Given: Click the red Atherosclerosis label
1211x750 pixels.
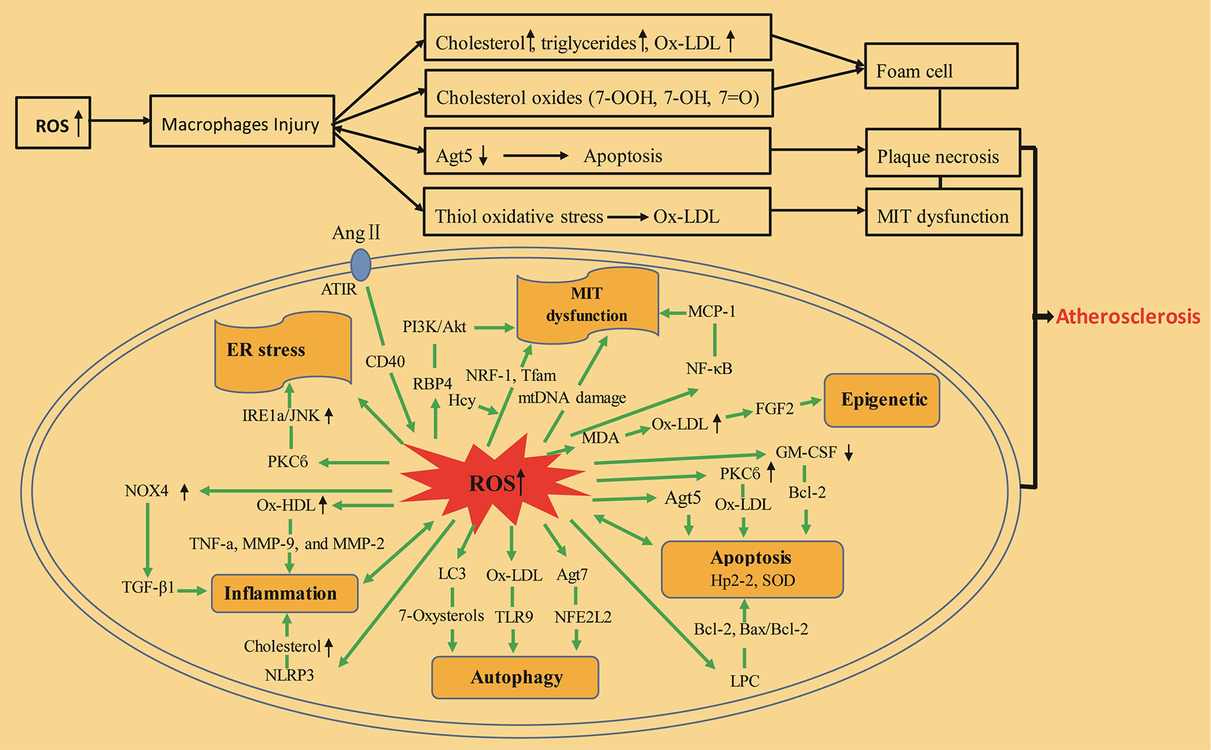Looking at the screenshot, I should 1128,316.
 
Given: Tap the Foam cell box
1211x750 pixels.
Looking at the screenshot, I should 940,67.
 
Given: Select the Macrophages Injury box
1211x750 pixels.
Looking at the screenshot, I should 242,122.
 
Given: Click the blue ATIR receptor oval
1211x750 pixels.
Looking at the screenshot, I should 360,264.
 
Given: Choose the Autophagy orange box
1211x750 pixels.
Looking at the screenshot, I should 515,678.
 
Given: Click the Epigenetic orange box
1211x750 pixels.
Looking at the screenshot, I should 882,400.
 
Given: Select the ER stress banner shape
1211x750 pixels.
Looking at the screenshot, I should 282,351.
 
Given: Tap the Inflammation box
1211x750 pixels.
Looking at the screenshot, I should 284,593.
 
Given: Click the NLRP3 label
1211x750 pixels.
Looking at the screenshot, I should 289,676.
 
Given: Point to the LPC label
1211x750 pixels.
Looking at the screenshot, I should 744,681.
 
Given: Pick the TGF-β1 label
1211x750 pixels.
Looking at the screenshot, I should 148,587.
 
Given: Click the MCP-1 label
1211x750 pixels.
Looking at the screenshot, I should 711,311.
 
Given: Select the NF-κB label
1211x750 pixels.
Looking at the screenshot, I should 709,369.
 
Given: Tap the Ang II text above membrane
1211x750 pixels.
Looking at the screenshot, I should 355,233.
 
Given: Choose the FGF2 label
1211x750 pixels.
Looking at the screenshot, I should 774,409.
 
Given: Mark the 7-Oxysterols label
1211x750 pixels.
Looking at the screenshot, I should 441,615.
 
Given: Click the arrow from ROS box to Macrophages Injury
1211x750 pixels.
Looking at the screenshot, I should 120,121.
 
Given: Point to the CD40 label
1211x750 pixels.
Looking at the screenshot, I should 385,362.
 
